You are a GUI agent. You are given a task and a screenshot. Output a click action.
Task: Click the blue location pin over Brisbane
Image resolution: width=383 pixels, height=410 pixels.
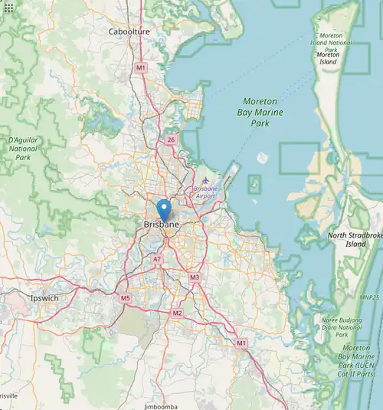tap(163, 208)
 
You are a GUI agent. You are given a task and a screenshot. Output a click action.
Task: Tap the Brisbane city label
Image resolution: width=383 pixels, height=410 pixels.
tap(161, 224)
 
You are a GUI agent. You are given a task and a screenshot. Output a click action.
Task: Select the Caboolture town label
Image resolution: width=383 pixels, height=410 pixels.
tap(129, 31)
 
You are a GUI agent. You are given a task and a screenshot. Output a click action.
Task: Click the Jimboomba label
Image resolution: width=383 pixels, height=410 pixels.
tap(162, 405)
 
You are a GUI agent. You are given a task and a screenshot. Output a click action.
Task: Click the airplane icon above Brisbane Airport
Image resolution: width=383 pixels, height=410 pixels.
tap(205, 180)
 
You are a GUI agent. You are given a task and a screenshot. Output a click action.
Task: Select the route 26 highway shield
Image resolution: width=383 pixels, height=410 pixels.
tap(171, 139)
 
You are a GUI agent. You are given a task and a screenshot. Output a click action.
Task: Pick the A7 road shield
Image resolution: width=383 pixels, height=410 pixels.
tap(156, 260)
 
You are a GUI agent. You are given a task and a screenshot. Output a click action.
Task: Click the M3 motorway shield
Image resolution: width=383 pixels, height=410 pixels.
tap(195, 277)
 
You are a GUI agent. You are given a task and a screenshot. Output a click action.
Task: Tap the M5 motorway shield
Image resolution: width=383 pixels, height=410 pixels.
tap(125, 298)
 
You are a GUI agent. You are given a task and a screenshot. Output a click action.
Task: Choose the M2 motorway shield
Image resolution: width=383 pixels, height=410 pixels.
tap(178, 313)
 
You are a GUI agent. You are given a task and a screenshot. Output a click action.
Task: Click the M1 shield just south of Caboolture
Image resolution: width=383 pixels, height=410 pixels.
tap(140, 68)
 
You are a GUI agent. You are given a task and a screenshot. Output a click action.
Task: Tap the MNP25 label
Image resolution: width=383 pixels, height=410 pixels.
tap(370, 297)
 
